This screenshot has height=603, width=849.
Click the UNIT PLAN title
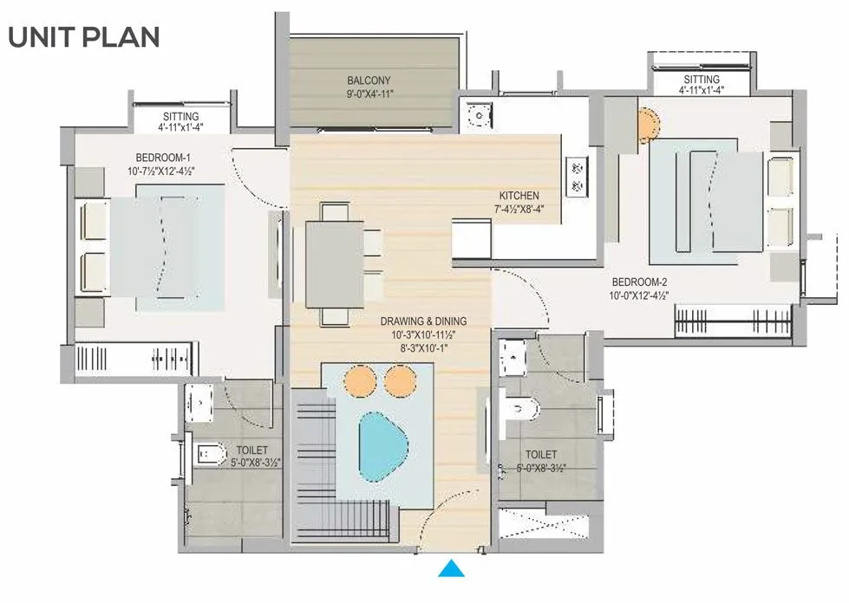84,37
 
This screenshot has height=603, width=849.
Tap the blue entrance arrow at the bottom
449,569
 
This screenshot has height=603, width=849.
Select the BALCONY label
369,81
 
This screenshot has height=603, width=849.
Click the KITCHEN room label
519,196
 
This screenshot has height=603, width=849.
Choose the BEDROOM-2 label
640,282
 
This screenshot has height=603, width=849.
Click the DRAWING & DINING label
419,321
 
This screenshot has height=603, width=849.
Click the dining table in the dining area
334,264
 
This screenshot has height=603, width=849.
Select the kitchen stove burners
576,176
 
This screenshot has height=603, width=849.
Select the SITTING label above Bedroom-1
180,117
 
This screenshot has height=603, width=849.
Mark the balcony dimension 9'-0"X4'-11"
369,94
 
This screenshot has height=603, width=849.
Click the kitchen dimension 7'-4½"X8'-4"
519,208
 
